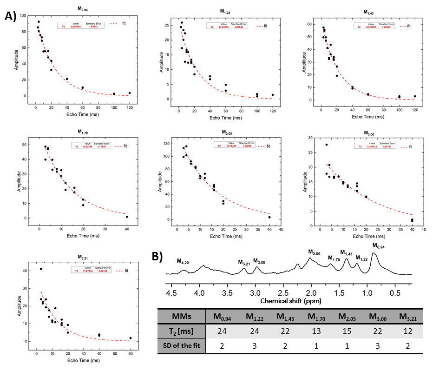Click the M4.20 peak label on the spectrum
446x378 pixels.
(183, 261)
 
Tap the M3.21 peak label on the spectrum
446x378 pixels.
(244, 263)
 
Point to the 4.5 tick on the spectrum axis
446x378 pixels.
(171, 293)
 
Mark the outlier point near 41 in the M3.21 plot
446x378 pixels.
(41, 269)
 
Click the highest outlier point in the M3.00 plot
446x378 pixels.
(327, 145)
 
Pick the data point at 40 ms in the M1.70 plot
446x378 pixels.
(127, 217)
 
